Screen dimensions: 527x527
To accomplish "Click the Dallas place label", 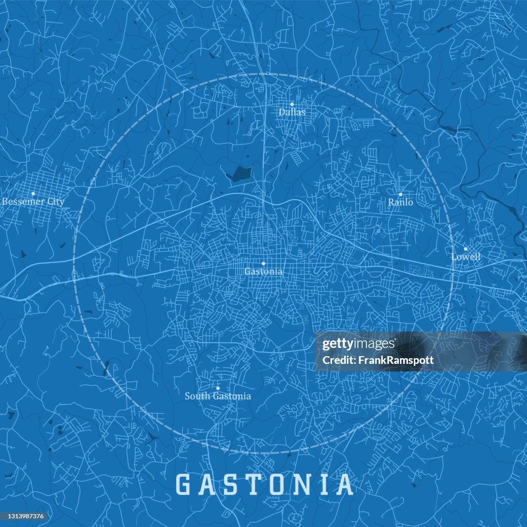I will point(292,112).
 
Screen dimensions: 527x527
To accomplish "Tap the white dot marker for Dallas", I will point(292,104).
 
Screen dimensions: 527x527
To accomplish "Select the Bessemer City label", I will point(33,202).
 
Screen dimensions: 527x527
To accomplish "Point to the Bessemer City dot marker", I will point(33,194).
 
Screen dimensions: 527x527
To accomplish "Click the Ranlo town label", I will point(400,202).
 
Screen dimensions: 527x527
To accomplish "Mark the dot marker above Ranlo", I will point(400,195).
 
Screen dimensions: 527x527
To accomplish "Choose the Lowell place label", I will point(465,256).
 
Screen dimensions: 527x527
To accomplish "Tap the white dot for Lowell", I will point(465,249).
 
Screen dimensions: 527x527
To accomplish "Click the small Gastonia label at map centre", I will point(263,271).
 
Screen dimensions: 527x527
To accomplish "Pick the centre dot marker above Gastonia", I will point(263,263).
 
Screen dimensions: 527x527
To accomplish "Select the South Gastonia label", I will point(218,396).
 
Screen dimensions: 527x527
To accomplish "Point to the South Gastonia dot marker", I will point(218,388).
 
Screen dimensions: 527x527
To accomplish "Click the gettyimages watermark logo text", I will point(359,344).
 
